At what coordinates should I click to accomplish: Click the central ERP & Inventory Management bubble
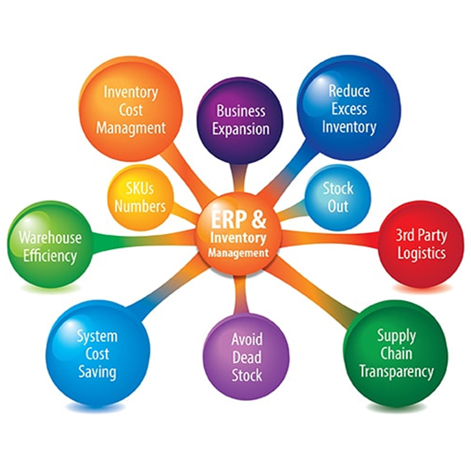(x=239, y=234)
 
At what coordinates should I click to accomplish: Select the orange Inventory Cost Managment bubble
(x=131, y=109)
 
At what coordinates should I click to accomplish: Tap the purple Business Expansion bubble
(x=240, y=120)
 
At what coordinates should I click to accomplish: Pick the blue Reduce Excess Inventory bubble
(x=349, y=108)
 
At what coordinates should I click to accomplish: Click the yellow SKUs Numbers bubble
(x=141, y=198)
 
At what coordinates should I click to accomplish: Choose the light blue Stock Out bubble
(x=338, y=197)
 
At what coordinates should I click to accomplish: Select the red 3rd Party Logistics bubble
(x=421, y=244)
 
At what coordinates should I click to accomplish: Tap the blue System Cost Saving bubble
(x=97, y=354)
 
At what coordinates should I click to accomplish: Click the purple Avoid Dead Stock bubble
(x=247, y=357)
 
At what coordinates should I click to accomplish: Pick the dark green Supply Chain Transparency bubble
(x=396, y=353)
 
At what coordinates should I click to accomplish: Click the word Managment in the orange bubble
(x=131, y=128)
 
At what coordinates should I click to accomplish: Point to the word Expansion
(x=241, y=130)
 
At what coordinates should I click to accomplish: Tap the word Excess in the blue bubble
(x=349, y=109)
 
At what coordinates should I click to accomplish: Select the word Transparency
(x=397, y=372)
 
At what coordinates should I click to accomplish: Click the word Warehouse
(x=50, y=238)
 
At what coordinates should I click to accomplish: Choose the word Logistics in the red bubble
(x=422, y=253)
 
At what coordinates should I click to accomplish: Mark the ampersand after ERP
(x=259, y=219)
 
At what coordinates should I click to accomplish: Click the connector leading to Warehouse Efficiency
(x=144, y=239)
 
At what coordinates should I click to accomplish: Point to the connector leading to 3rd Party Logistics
(x=330, y=238)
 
